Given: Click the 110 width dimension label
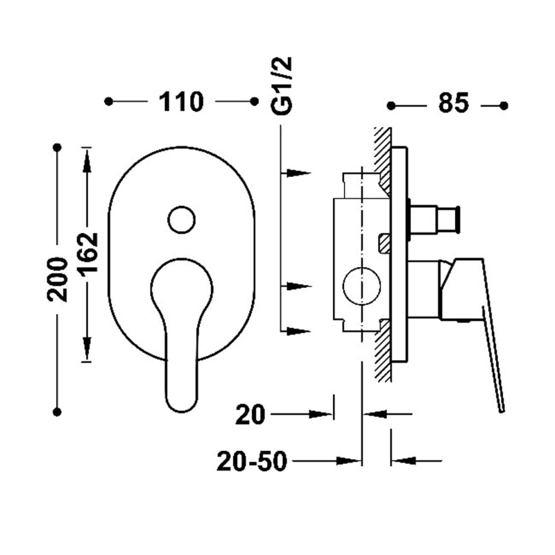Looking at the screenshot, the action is tap(181, 102).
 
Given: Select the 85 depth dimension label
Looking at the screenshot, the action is tap(454, 103).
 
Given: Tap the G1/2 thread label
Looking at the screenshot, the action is tap(282, 86).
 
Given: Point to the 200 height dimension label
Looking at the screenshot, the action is tap(58, 280).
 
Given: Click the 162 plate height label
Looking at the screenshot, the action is tap(88, 253).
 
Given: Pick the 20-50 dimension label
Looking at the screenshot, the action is tap(251, 461).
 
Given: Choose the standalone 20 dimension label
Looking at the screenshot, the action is tap(250, 414).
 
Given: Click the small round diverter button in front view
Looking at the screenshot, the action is tap(182, 220).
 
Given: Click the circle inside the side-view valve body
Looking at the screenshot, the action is tap(361, 286).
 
